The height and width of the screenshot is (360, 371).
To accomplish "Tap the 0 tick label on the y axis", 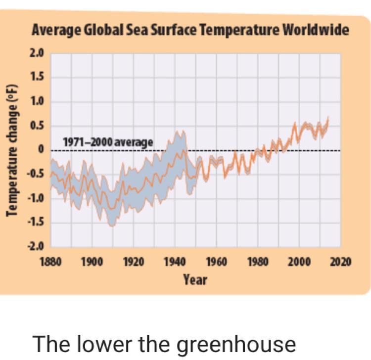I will pyautogui.click(x=42, y=150).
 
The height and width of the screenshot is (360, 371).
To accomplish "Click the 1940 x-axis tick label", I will pyautogui.click(x=175, y=262).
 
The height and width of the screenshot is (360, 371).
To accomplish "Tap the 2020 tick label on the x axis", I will pyautogui.click(x=340, y=262).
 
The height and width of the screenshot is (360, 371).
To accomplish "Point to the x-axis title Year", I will pyautogui.click(x=195, y=280).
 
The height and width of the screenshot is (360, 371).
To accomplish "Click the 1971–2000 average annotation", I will pyautogui.click(x=108, y=142).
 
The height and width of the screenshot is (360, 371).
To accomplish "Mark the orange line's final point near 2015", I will pyautogui.click(x=328, y=118).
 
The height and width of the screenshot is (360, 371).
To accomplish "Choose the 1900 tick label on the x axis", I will pyautogui.click(x=92, y=262).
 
